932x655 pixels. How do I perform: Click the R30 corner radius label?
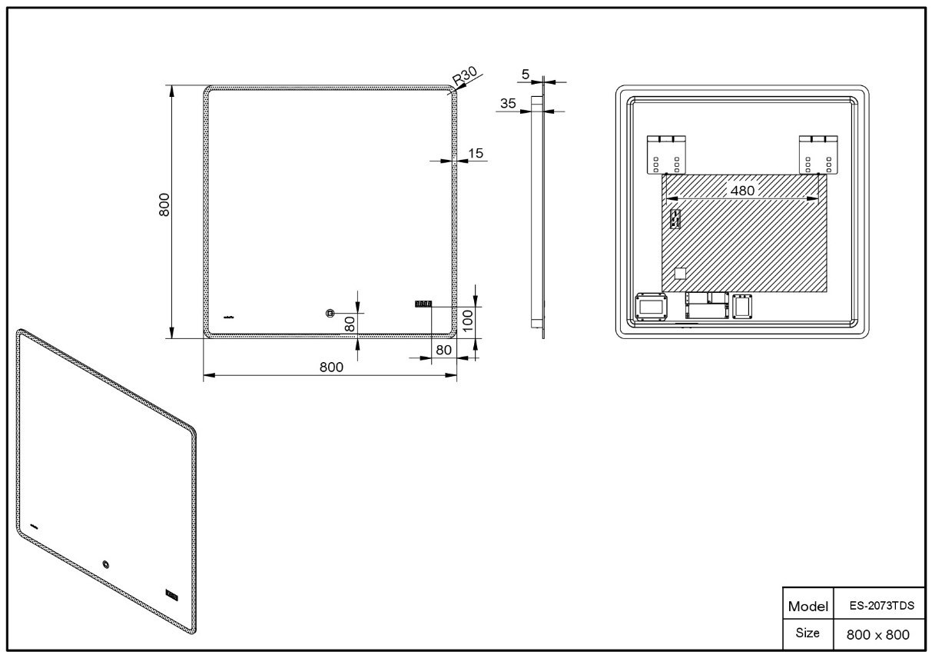pos(465,77)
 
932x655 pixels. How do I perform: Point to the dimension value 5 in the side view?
pos(526,74)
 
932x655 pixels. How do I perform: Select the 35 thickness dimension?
pos(508,103)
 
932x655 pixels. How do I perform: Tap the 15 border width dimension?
pos(476,153)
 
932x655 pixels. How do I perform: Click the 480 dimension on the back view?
pos(743,191)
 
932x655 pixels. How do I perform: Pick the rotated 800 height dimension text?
pos(164,204)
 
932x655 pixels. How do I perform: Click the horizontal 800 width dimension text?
pos(331,367)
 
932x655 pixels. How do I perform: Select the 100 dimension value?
pos(468,321)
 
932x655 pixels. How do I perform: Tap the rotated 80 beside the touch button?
pos(350,324)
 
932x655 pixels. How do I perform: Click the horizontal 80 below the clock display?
pos(443,350)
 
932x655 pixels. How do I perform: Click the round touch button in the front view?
pos(330,313)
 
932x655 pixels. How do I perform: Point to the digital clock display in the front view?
pos(423,304)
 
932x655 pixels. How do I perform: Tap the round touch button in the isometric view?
pos(106,564)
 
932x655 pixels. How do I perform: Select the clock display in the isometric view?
pos(172,594)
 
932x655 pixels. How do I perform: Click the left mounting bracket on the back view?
pos(666,155)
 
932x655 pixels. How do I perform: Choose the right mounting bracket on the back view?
pos(818,155)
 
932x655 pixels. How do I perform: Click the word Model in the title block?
pos(808,607)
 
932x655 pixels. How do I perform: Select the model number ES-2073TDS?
pos(881,606)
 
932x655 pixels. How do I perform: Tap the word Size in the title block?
pos(808,633)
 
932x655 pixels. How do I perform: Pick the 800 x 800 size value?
pos(878,634)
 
